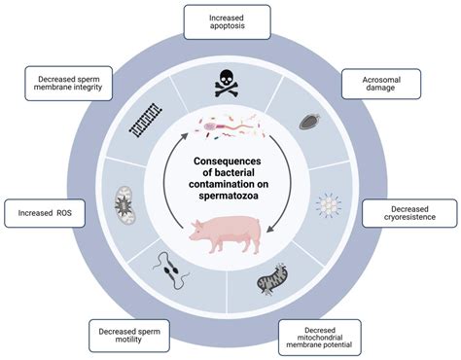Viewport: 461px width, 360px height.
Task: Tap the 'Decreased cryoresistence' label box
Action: tap(406, 211)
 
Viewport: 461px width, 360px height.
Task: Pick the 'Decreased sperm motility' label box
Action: tap(130, 334)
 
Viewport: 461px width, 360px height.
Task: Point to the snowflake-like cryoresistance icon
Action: tap(332, 207)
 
